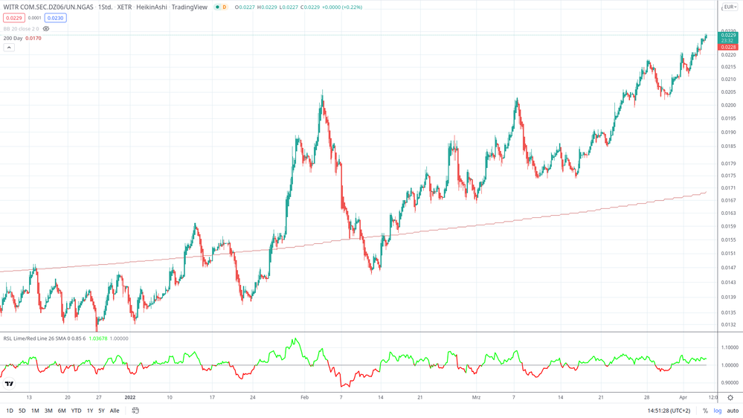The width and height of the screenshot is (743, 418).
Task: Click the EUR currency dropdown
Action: [x=730, y=7]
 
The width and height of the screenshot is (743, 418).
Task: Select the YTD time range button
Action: [x=76, y=411]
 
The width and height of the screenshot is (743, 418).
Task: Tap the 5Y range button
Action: [x=101, y=411]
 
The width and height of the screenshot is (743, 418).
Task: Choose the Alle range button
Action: [x=115, y=411]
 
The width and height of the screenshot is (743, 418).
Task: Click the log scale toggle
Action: [x=718, y=411]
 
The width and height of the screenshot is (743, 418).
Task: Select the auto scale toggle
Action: [x=733, y=411]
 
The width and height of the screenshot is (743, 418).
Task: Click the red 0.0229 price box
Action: [x=13, y=18]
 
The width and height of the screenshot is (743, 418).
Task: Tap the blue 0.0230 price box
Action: [x=55, y=18]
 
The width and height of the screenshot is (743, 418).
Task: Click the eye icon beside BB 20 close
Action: [x=46, y=29]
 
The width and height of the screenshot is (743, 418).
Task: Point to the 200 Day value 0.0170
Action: [x=33, y=38]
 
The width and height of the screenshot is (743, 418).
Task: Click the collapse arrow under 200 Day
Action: [x=9, y=48]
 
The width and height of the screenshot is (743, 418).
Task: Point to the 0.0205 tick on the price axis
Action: [x=728, y=92]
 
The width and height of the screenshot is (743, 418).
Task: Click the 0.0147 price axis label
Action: [x=728, y=268]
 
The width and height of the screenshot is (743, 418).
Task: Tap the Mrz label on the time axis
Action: [x=476, y=397]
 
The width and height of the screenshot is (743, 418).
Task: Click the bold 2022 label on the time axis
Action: [x=130, y=397]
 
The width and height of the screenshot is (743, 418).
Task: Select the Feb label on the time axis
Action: [x=304, y=397]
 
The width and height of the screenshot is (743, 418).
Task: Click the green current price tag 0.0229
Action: [x=728, y=36]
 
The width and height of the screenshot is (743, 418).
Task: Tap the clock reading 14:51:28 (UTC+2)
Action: [x=669, y=411]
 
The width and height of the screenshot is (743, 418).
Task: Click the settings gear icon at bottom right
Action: [x=730, y=398]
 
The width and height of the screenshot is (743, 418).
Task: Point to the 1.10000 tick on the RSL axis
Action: [x=730, y=347]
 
